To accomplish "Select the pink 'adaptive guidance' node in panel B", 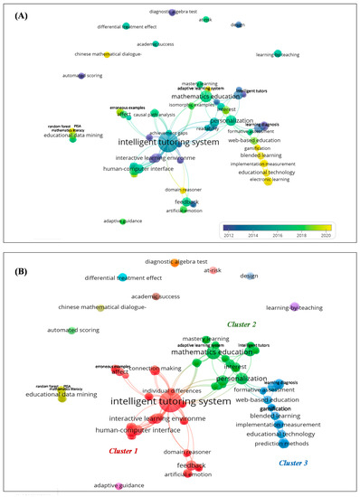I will point(119,487).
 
